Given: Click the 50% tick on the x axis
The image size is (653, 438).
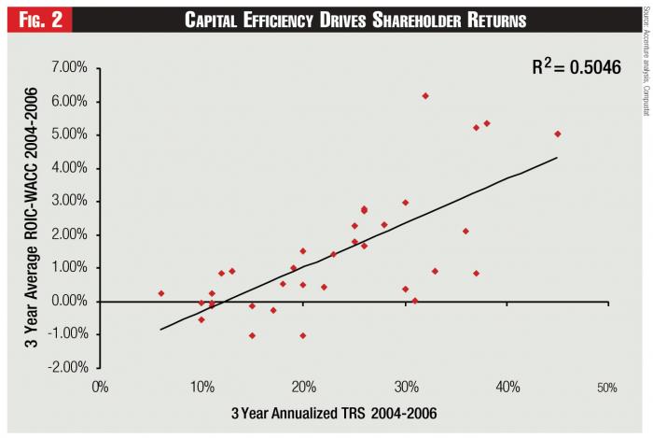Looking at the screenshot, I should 607,386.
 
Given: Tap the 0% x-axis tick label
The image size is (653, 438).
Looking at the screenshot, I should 101,386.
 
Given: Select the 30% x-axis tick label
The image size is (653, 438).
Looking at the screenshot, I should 405,386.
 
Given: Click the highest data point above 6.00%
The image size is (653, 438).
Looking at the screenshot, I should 425,95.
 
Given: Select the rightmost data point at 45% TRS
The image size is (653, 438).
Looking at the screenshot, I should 558,134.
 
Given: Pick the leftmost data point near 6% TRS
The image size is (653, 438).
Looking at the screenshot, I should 161,293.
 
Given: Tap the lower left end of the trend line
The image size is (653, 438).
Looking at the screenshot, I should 161,329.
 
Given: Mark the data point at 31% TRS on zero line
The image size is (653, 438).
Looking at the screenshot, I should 415,301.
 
